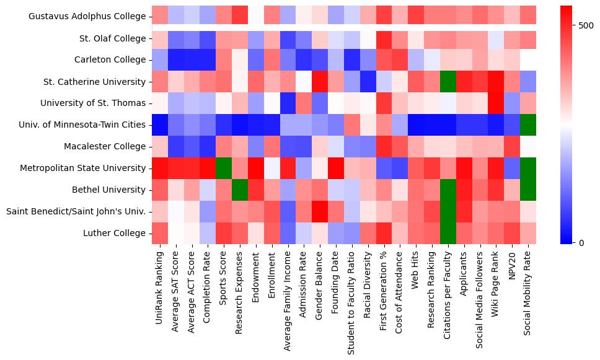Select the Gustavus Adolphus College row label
point(87,17)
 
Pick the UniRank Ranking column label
point(159,286)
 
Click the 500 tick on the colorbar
point(586,26)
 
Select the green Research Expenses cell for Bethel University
point(239,190)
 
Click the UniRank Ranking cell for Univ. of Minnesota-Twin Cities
point(159,125)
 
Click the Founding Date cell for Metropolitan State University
point(335,168)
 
